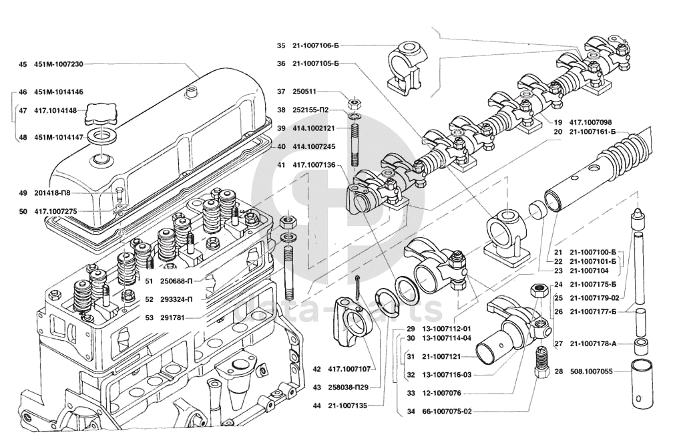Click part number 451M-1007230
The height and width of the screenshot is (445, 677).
click(59, 64)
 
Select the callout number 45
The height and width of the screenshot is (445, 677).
click(23, 64)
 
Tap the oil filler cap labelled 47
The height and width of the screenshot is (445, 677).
click(101, 114)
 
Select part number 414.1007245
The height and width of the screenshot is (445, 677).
click(314, 146)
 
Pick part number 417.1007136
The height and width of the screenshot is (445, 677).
click(316, 164)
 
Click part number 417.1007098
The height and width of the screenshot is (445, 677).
click(591, 122)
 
